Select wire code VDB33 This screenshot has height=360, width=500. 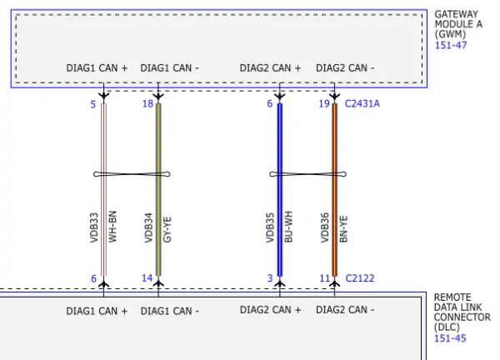point(94,227)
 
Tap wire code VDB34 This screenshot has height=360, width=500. point(149,227)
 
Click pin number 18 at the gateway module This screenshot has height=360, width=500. point(147,104)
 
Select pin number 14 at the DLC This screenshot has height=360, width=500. point(147,278)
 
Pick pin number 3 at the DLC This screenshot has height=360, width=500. point(270,278)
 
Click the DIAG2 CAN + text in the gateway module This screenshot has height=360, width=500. point(270,68)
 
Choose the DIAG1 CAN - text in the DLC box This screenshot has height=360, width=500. point(170,311)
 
